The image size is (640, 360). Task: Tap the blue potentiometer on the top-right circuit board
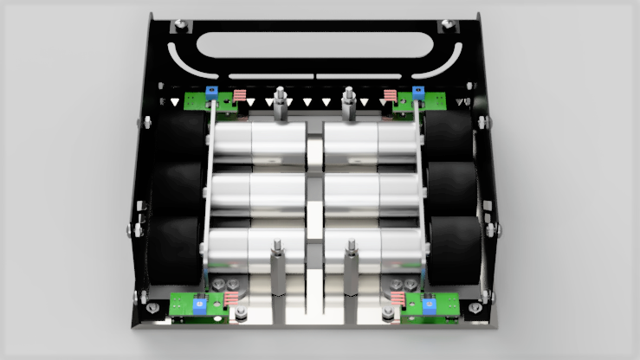[418, 92]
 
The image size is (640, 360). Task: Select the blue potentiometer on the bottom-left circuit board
[199, 303]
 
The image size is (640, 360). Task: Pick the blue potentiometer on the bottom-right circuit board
[430, 303]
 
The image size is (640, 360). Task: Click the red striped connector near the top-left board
[240, 94]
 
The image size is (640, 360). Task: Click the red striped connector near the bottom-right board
[398, 299]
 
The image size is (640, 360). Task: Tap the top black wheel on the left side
[180, 138]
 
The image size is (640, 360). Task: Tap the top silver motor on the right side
[372, 141]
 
